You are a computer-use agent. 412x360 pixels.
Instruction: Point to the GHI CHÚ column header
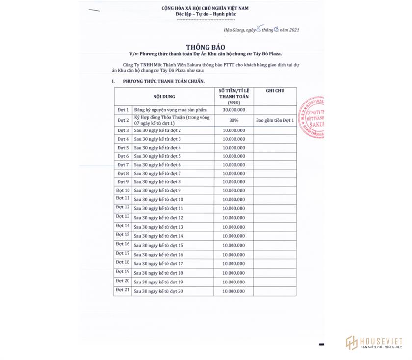pos(275,91)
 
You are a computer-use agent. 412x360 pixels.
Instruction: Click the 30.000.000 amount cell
pos(233,110)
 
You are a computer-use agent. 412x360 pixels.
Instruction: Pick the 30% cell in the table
pos(233,120)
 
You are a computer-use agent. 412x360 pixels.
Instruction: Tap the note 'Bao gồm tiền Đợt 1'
pos(275,120)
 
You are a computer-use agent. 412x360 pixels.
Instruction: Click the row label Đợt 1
pos(123,110)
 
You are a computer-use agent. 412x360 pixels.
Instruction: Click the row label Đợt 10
pos(123,190)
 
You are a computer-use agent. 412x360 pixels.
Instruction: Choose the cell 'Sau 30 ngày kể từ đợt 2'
pos(157,130)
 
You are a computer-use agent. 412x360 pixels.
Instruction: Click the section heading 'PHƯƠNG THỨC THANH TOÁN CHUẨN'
pos(164,81)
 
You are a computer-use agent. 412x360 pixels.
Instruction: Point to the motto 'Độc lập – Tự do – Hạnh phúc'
pos(206,14)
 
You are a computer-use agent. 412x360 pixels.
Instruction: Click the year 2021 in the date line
pos(291,30)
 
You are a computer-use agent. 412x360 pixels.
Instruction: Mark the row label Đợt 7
pos(123,165)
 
